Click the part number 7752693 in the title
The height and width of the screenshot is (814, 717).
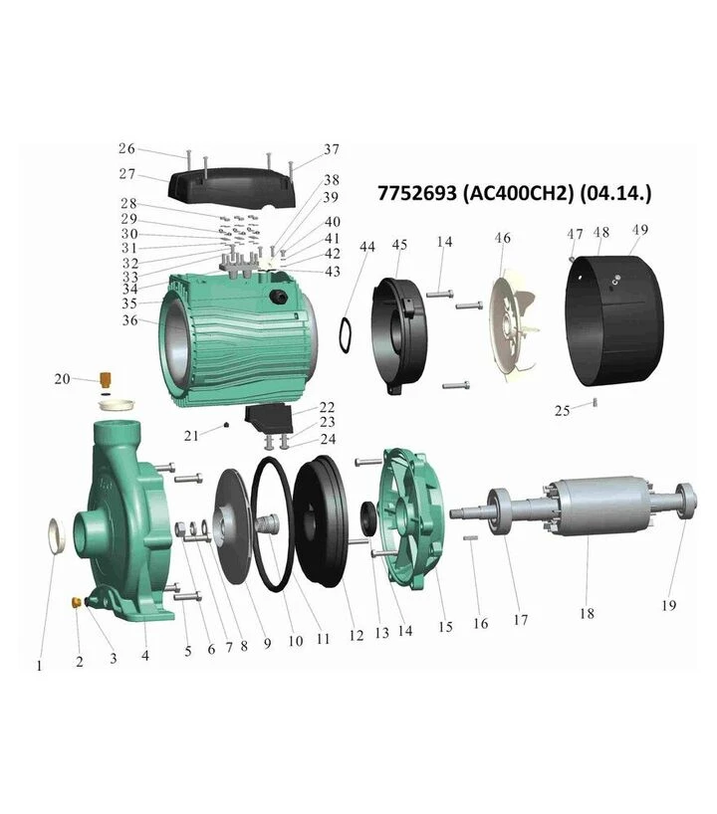[x=417, y=193]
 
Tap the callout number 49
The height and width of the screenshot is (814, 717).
[x=640, y=230]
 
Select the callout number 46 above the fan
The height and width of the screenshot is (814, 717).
[x=503, y=238]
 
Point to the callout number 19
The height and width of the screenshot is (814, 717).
[x=668, y=605]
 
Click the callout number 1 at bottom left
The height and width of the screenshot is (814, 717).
[x=40, y=665]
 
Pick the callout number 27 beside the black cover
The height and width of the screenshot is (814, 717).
[x=126, y=174]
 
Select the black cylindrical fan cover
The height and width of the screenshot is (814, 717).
[x=614, y=320]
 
